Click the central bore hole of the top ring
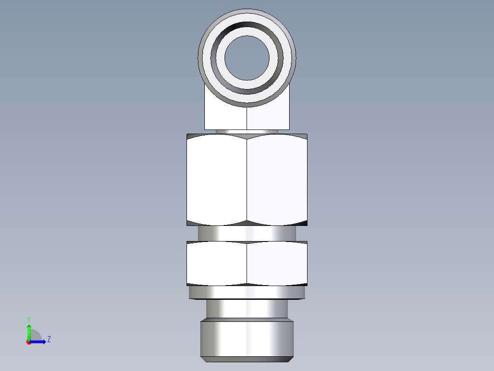click(247, 56)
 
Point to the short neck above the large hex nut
click(247, 131)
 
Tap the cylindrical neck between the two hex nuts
click(247, 233)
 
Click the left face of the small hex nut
click(217, 263)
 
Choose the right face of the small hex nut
click(277, 263)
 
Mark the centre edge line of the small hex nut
click(247, 263)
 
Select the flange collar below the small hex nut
click(247, 292)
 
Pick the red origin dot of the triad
click(29, 342)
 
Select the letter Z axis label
click(49, 339)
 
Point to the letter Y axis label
click(29, 319)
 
